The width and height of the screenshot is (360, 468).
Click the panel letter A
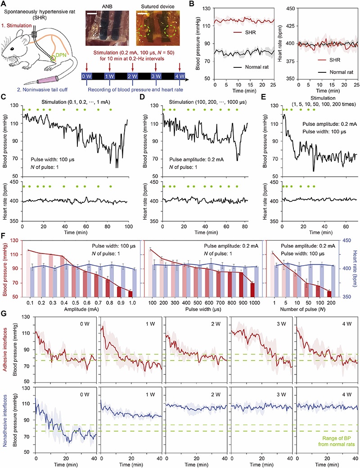3,4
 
